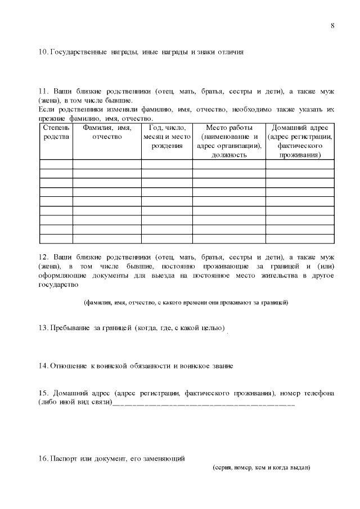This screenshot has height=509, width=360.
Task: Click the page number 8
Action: (x=332, y=26)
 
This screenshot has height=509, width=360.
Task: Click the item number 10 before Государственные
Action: (x=43, y=52)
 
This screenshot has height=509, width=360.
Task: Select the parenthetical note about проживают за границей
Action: (x=186, y=303)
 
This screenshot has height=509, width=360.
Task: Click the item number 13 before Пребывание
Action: (x=43, y=327)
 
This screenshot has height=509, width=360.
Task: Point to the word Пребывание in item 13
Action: (x=71, y=327)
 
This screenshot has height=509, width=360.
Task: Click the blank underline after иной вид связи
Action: (x=203, y=403)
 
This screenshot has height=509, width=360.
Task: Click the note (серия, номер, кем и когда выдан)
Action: (x=262, y=467)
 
